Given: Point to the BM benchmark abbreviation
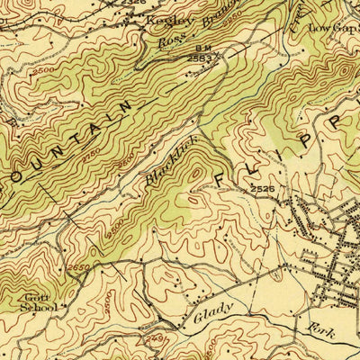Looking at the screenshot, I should pos(197,49).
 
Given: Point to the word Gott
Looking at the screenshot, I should pos(37,296).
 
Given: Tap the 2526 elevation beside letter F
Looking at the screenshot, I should pos(261,189).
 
